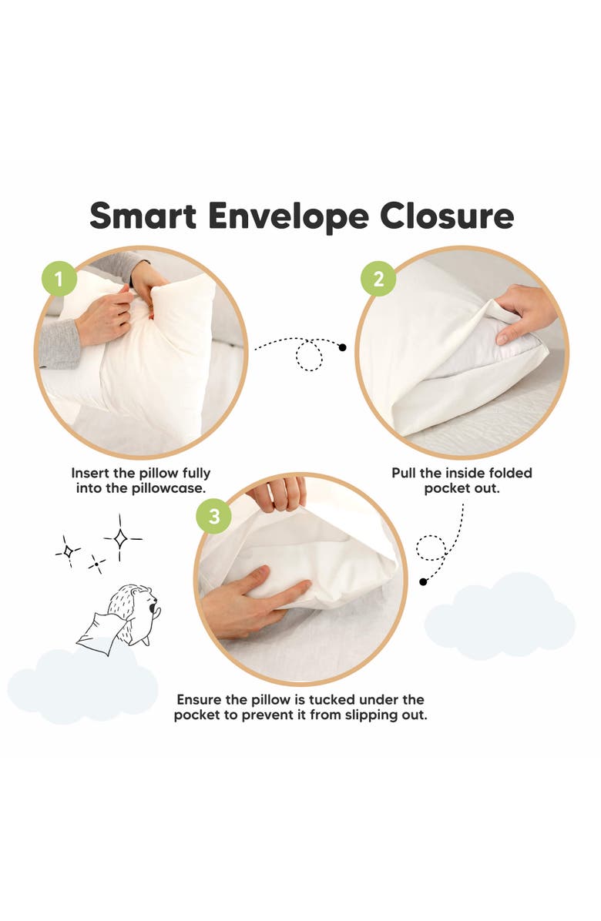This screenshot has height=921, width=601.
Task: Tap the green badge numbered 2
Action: [x=378, y=280]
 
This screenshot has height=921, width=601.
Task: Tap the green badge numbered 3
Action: [x=213, y=517]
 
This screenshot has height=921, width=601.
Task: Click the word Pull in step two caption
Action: [x=405, y=473]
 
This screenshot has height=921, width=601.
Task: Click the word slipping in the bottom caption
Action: [x=358, y=715]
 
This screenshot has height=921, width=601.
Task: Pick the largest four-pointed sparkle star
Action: [x=121, y=538]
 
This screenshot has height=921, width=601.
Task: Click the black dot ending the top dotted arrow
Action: [x=343, y=347]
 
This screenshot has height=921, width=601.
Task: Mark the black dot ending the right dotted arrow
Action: [x=423, y=581]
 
